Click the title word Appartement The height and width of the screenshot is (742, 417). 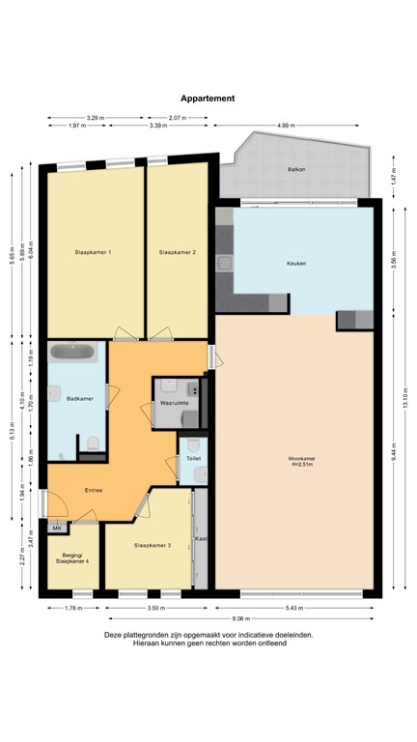tap(208, 98)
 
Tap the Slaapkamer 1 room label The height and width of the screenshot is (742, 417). tap(94, 252)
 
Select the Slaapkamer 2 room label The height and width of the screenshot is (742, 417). tap(178, 252)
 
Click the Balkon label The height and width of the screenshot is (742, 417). tap(296, 169)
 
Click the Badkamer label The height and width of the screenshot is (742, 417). tap(79, 397)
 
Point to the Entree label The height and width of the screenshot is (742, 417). tap(93, 490)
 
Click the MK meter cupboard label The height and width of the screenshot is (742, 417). tap(56, 528)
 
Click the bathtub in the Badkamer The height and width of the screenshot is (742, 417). tap(73, 353)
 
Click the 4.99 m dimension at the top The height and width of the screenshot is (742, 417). tap(286, 126)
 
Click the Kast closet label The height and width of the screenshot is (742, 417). tap(201, 537)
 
